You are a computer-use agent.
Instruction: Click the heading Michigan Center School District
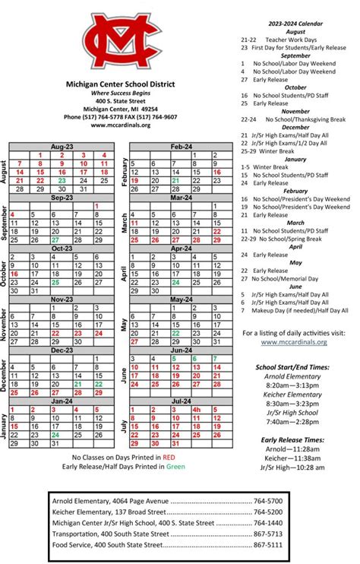tap(131, 84)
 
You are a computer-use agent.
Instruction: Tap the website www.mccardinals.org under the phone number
tap(120, 125)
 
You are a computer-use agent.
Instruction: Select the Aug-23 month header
tap(62, 145)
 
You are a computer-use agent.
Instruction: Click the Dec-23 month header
tap(62, 350)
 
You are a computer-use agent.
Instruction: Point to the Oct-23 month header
tap(62, 248)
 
